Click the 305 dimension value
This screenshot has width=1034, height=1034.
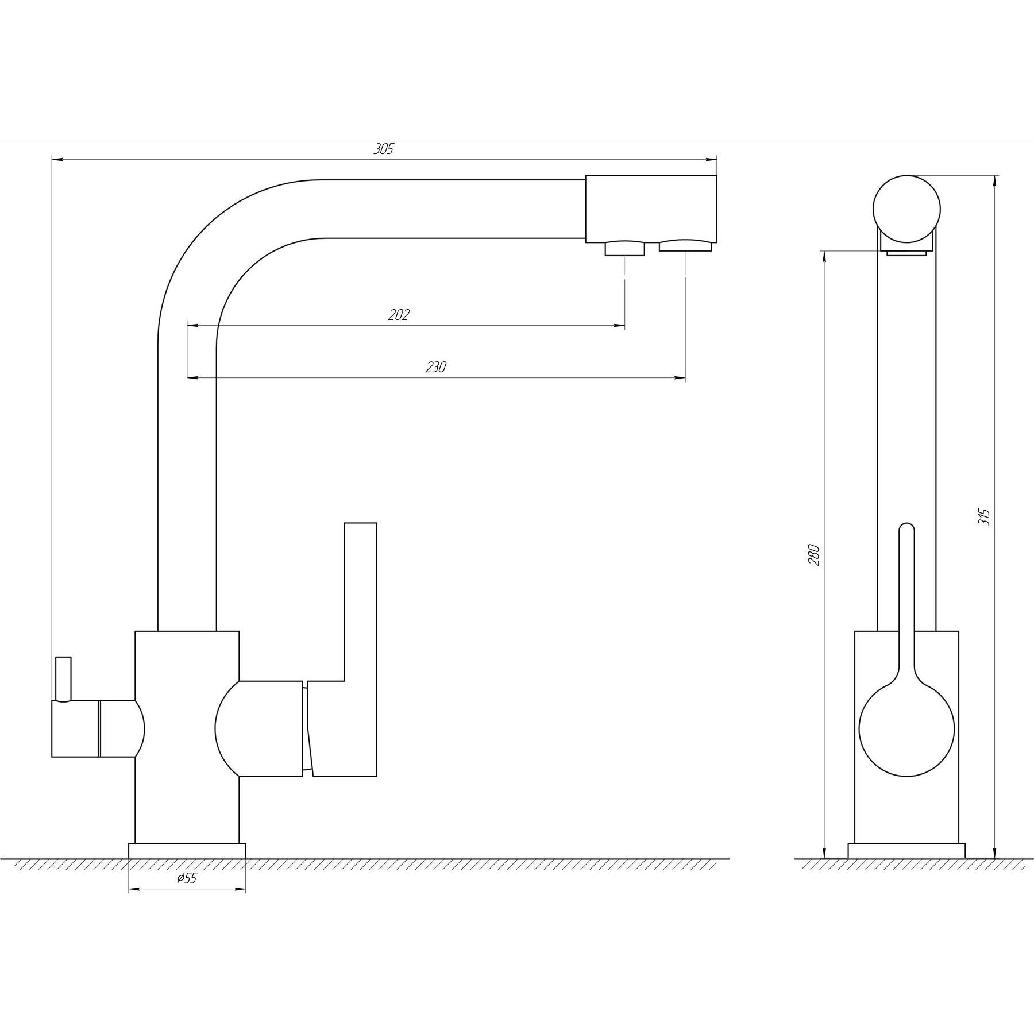click(384, 149)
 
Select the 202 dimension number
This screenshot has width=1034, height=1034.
click(399, 315)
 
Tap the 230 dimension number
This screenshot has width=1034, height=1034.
click(436, 367)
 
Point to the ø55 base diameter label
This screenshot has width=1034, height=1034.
click(187, 894)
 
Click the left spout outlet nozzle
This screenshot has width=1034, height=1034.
click(624, 249)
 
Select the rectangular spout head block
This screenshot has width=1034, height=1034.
click(651, 209)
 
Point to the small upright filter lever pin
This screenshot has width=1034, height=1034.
click(63, 680)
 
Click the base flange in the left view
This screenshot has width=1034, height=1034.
click(187, 851)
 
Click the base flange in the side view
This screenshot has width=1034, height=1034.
click(906, 851)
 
